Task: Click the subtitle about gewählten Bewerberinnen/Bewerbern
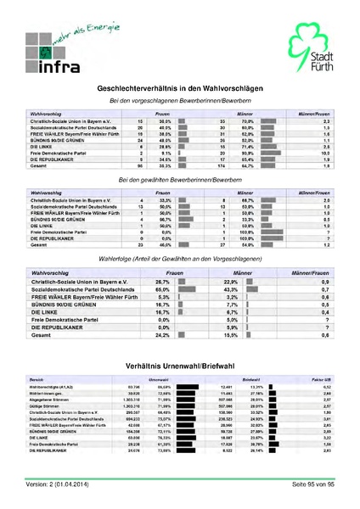180,179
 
